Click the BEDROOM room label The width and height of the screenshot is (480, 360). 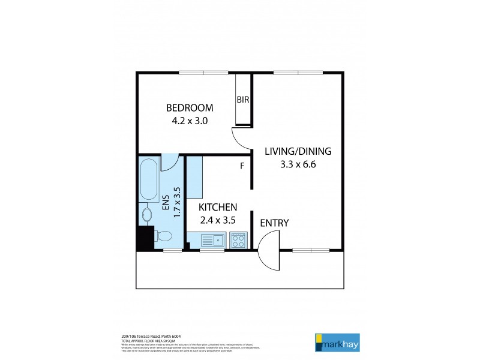coord(190,108)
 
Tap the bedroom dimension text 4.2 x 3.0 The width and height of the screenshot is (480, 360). coord(190,120)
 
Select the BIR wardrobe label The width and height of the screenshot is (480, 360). coord(243,100)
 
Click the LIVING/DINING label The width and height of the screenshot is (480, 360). coord(298,151)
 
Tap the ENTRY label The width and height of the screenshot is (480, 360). coord(274,223)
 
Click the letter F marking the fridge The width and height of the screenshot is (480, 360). coord(242,166)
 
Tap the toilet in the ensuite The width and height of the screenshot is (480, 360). coord(163,235)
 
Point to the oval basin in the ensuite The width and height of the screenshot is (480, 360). coord(146,213)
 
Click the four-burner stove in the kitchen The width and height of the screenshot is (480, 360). coord(238,241)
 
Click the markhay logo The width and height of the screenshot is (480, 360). coord(337,341)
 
